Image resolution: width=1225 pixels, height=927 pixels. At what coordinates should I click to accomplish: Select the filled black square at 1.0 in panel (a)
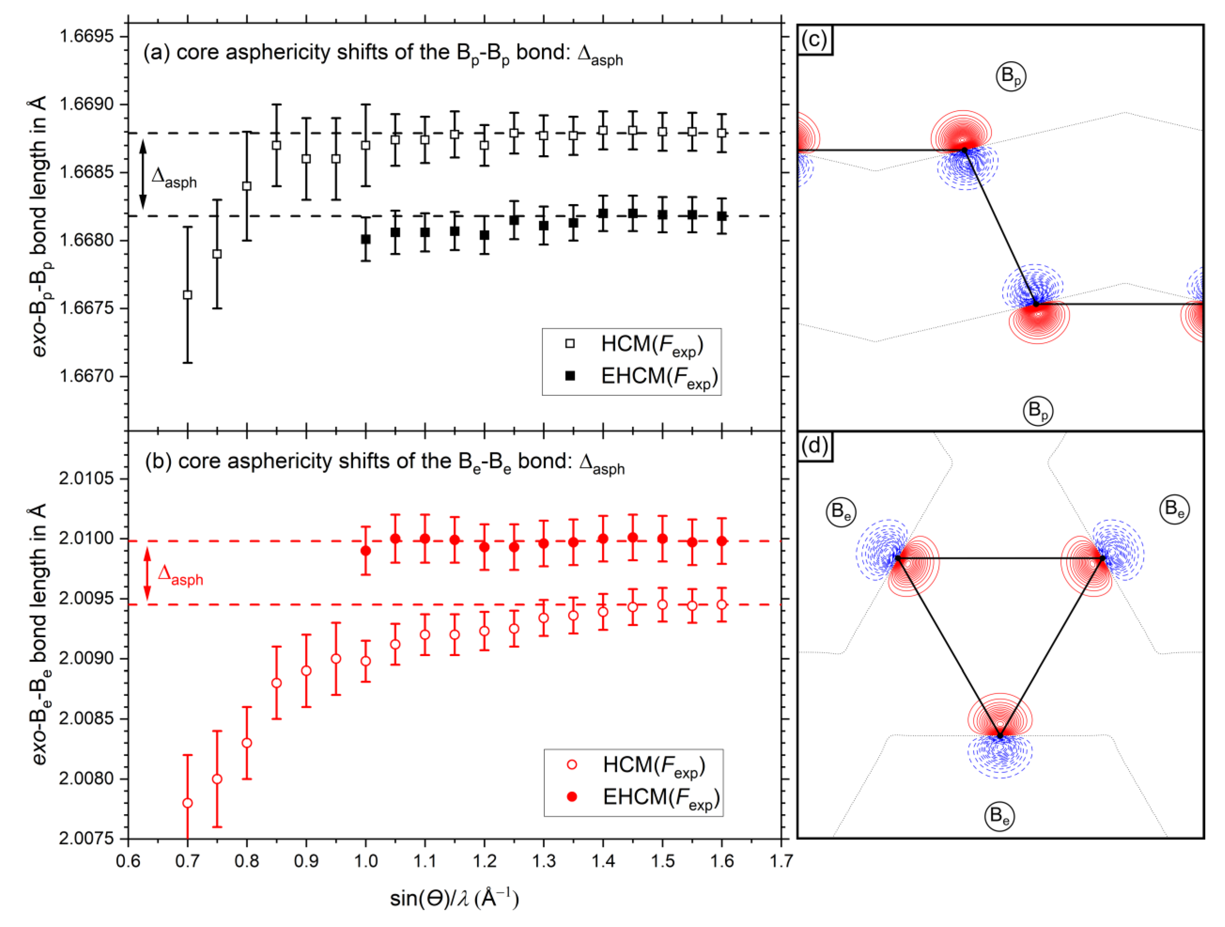tap(365, 239)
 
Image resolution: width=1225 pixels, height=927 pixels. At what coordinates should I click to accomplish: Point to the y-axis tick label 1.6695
tap(86, 37)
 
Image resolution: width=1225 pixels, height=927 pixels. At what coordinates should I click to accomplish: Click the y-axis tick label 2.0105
tap(86, 478)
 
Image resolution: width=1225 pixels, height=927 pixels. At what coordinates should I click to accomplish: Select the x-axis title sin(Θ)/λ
tap(454, 898)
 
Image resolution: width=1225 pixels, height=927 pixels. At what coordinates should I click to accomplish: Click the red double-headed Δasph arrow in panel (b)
tap(147, 574)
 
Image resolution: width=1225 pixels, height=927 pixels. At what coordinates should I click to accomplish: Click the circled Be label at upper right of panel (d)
tap(1174, 508)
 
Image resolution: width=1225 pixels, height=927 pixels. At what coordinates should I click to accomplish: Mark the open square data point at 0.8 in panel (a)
tap(247, 186)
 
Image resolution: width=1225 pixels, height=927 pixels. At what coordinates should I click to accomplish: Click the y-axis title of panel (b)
tap(39, 634)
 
